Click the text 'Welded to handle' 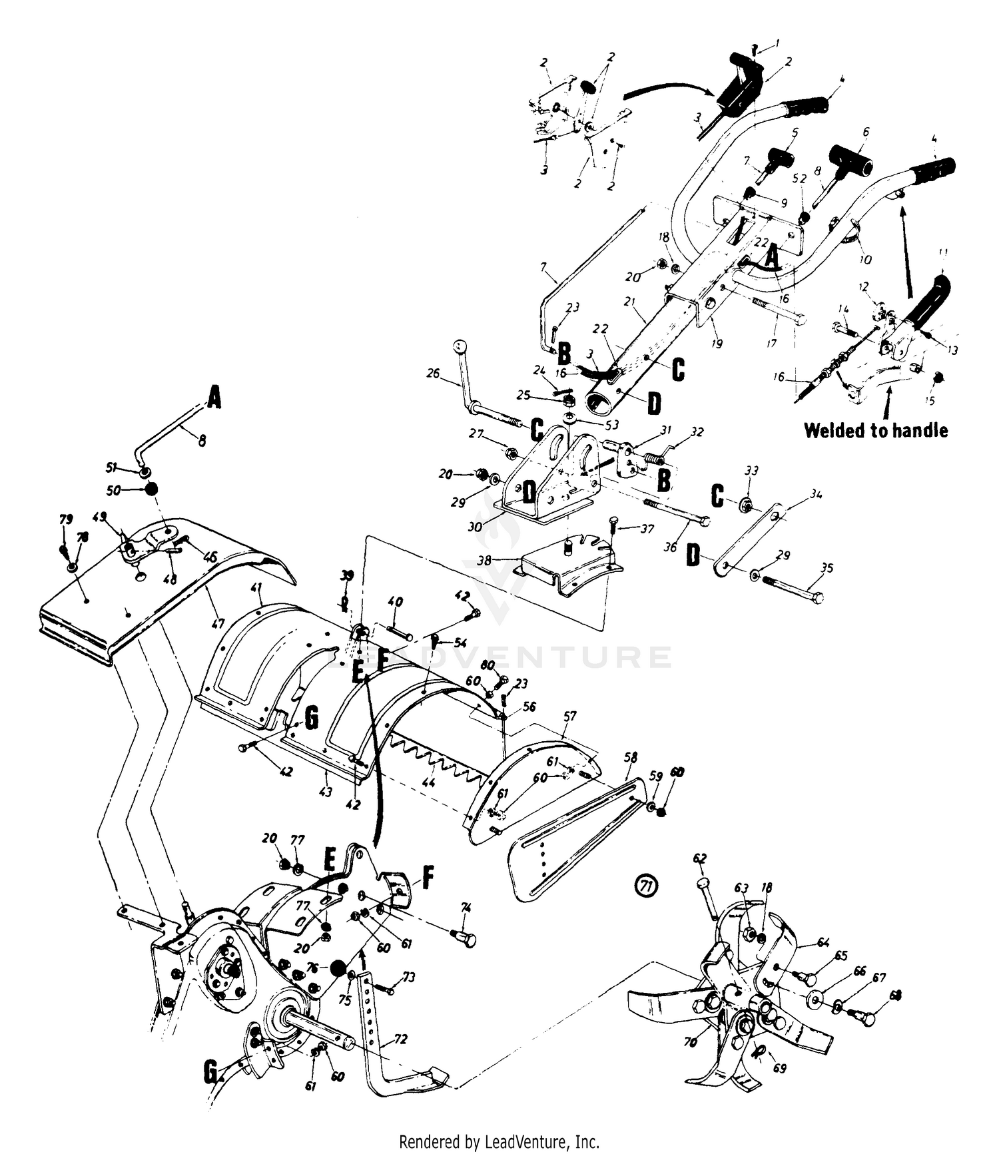pyautogui.click(x=875, y=430)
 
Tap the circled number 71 pyautogui.click(x=645, y=886)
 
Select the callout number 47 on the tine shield pyautogui.click(x=217, y=623)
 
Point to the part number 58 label pyautogui.click(x=630, y=757)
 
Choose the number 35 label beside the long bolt pyautogui.click(x=827, y=568)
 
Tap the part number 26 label pyautogui.click(x=433, y=374)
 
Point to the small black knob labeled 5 pyautogui.click(x=778, y=158)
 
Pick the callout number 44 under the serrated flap pyautogui.click(x=429, y=782)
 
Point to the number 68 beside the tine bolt pyautogui.click(x=896, y=996)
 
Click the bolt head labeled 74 pyautogui.click(x=470, y=940)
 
